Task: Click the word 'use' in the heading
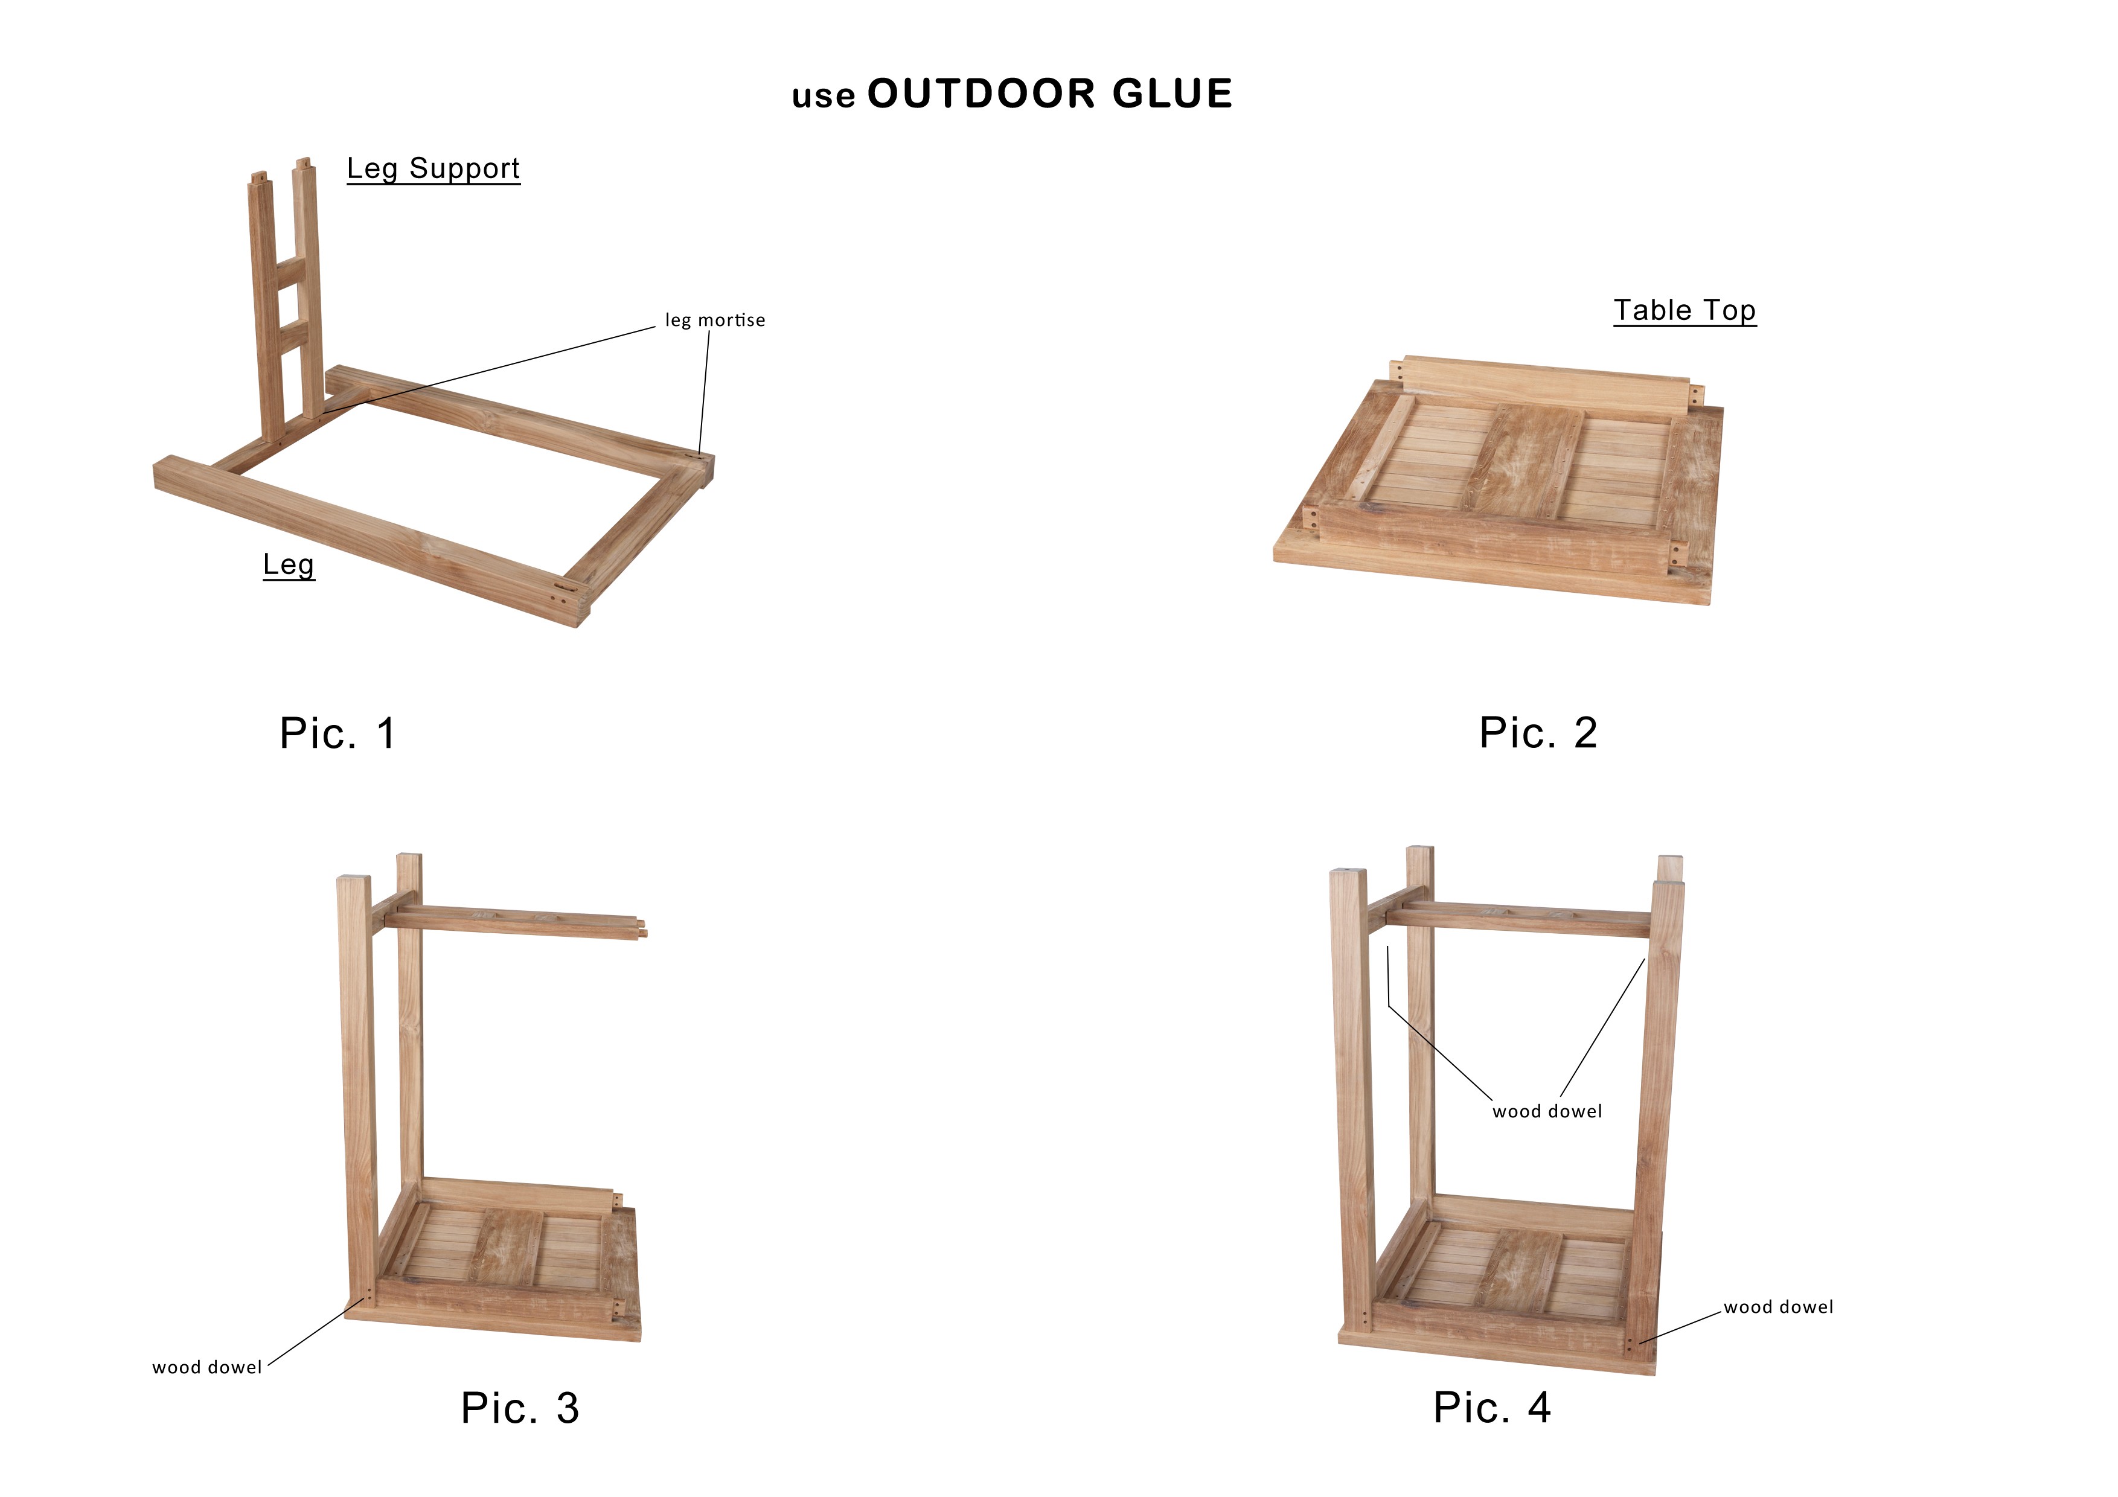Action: click(824, 97)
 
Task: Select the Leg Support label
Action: click(434, 169)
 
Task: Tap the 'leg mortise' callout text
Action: click(715, 320)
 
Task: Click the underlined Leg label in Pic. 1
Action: click(289, 566)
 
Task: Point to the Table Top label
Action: click(1684, 311)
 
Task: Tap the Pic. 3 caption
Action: click(520, 1408)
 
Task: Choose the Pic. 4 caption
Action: click(1493, 1408)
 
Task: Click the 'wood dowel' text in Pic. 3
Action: click(208, 1367)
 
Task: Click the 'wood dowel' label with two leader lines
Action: click(1547, 1111)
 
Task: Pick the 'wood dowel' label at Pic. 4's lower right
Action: click(1779, 1307)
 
